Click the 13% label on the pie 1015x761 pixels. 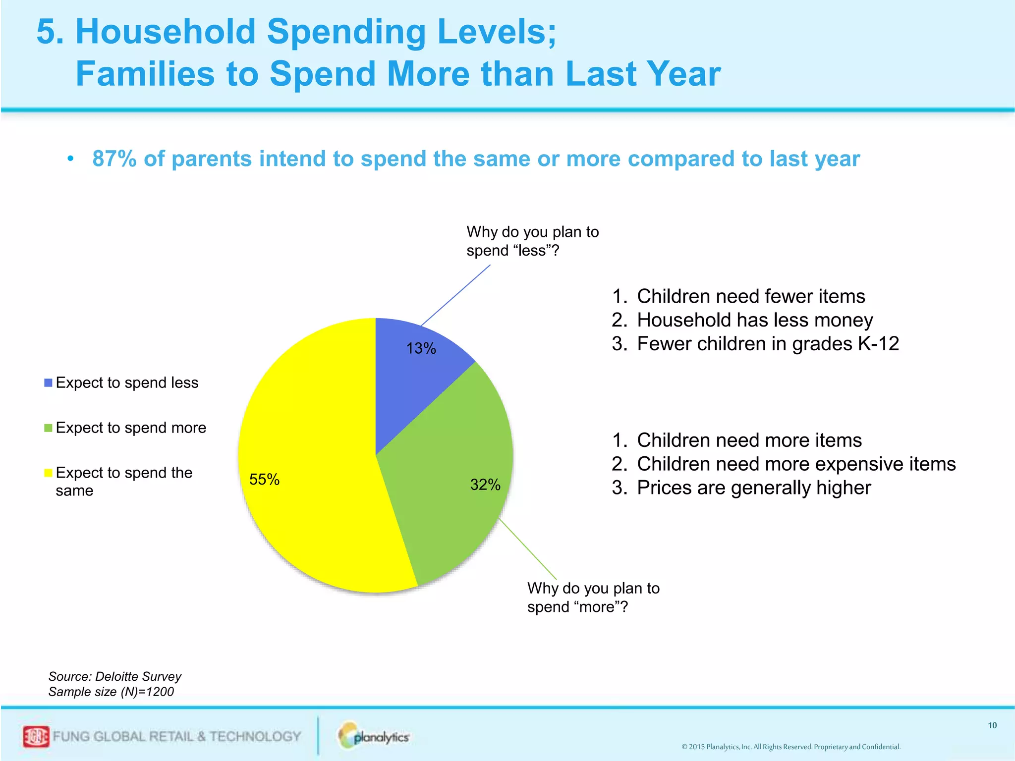(421, 348)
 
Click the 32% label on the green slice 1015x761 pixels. (485, 485)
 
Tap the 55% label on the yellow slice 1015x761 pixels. (264, 479)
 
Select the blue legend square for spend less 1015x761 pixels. (48, 383)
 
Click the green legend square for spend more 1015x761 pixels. (48, 428)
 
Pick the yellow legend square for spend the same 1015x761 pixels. (48, 473)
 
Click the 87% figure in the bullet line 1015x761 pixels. (114, 159)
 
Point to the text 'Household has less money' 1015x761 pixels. (754, 320)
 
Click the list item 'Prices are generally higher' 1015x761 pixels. (753, 488)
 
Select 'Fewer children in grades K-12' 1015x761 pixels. (767, 344)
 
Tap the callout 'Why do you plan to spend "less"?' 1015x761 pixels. (532, 241)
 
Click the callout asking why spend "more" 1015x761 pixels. (593, 598)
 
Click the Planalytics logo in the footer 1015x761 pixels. (374, 736)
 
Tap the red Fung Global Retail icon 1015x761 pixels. (36, 737)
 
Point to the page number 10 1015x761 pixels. (992, 725)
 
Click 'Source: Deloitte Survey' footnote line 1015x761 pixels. (114, 676)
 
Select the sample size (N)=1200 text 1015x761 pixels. (111, 692)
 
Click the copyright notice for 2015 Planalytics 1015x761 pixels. (790, 747)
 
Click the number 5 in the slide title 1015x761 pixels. (49, 32)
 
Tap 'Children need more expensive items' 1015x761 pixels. (795, 464)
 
